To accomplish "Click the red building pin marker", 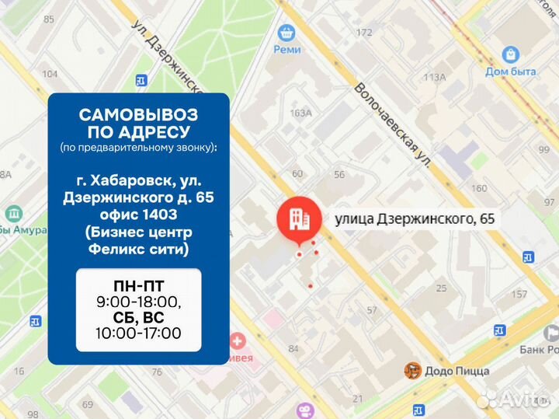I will pos(298,219).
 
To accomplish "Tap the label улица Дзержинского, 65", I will pos(414,220).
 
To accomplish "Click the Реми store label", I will pos(286,49).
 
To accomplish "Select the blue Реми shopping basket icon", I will pos(287,32).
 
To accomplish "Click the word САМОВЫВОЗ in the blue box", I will pos(138,115).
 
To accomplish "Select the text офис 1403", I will pos(138,215).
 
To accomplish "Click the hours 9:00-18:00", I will pos(138,302).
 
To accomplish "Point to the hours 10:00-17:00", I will pos(138,333).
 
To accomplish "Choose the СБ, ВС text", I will pos(138,317).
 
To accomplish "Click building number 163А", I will pos(300,113).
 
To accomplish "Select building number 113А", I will pos(434,77).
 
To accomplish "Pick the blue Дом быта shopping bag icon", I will pos(510,54).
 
